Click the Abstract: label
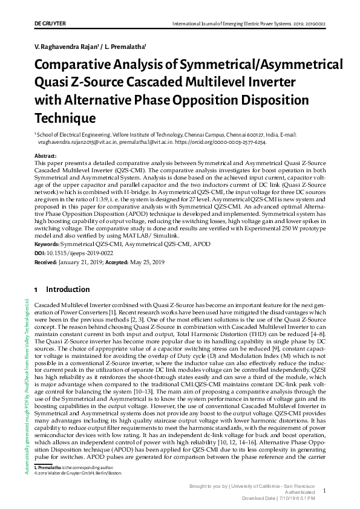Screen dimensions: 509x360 (x=47, y=156)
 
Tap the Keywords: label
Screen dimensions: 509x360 (x=48, y=244)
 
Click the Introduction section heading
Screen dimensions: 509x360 (x=68, y=290)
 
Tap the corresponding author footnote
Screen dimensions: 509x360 (x=76, y=468)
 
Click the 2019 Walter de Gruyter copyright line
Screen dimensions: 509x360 (x=78, y=473)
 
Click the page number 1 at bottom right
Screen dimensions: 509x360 (x=325, y=491)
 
